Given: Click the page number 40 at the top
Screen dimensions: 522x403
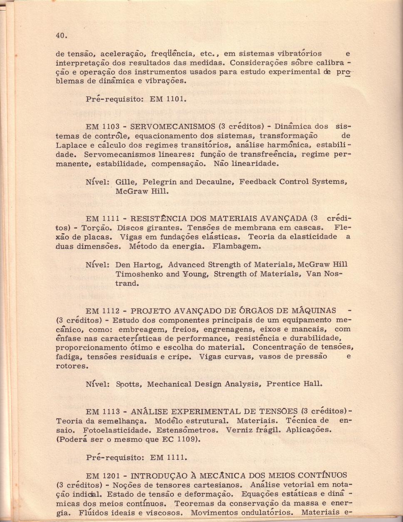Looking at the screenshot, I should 61,36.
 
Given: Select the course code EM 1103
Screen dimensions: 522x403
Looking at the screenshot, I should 103,126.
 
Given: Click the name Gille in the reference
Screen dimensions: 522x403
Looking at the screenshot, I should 125,182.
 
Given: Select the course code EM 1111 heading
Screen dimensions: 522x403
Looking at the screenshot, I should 103,219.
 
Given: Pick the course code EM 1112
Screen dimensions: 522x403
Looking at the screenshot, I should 103,311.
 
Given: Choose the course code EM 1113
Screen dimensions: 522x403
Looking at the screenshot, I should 103,412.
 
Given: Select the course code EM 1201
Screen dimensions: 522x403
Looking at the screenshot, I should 103,476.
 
